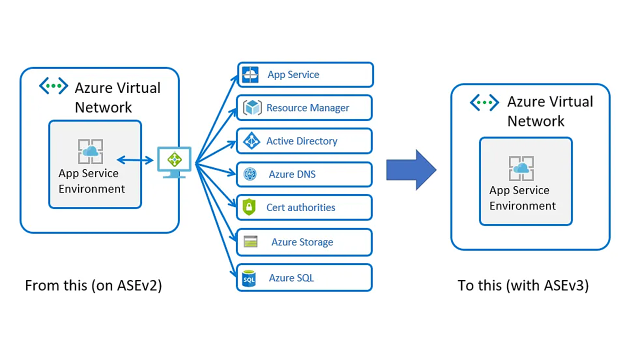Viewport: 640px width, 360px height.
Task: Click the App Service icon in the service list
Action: point(250,75)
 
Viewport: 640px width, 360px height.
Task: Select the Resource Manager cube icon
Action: point(252,107)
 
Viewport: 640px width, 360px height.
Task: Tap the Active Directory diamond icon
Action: point(251,141)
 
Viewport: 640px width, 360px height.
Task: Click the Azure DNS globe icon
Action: point(250,174)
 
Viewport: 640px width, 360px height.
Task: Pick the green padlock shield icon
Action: point(249,206)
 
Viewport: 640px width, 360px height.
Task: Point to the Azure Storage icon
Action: point(250,241)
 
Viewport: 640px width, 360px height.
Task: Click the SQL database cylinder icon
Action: point(249,278)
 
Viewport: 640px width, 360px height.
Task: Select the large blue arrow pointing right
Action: point(411,169)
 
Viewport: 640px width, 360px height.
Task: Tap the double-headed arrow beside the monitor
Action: point(135,160)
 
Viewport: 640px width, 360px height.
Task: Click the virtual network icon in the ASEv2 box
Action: point(53,85)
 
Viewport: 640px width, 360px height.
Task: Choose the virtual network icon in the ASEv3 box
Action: point(484,102)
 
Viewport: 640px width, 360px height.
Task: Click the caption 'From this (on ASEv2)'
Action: point(93,285)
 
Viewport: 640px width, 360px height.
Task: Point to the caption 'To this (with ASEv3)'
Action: point(523,285)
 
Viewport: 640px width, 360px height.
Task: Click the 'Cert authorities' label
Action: point(301,207)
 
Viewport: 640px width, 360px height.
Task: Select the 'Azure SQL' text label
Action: point(291,277)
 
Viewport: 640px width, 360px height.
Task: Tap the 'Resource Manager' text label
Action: point(307,107)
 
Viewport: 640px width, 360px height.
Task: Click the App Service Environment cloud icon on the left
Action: point(90,151)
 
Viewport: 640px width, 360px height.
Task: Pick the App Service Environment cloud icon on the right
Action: point(521,168)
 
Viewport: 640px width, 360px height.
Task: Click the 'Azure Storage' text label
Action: point(302,242)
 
